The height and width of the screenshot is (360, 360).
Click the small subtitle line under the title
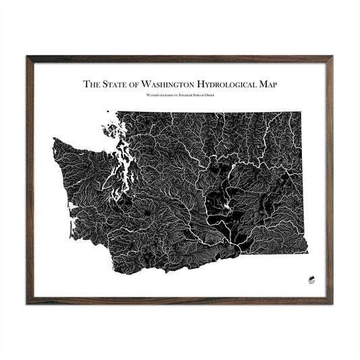[x=180, y=97]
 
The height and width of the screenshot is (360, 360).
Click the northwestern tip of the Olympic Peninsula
[x=54, y=139]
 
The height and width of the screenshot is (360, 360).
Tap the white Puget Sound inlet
[x=119, y=182]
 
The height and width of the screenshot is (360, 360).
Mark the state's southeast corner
[x=307, y=253]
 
